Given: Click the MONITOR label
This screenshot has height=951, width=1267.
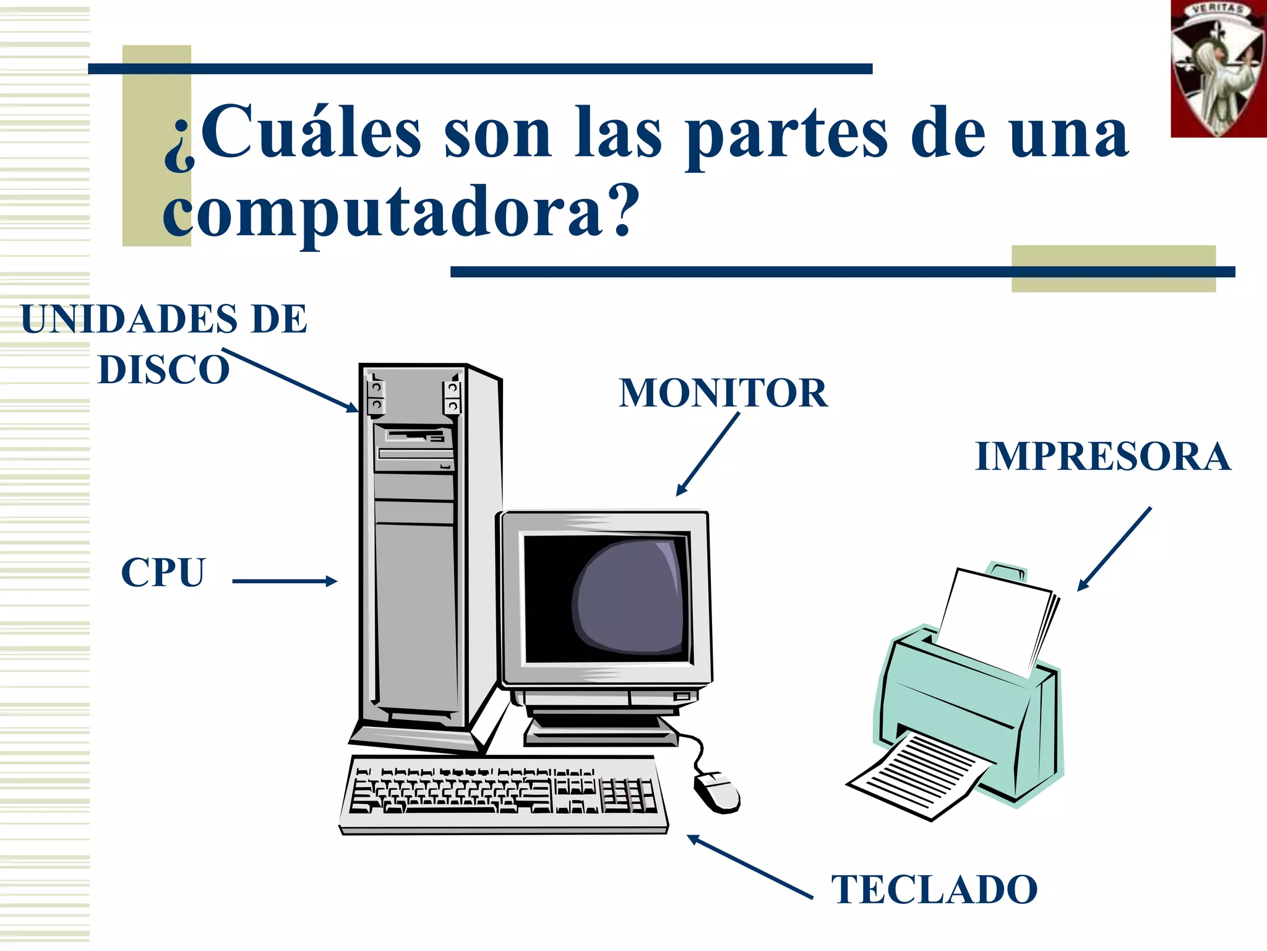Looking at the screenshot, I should point(723,393).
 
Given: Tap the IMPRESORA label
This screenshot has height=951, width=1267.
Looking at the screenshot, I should point(1102,457).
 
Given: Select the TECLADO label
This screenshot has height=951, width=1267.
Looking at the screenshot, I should point(934,890).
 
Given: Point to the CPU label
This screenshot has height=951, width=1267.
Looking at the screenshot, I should point(163,572).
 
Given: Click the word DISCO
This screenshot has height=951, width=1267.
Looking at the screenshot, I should point(164,370).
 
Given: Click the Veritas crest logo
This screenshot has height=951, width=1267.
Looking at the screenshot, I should point(1218,68).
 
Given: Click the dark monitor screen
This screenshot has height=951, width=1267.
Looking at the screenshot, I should point(606,599).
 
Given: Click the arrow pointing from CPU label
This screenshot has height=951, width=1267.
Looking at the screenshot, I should point(285,581).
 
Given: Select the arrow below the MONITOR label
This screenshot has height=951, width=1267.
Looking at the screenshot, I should point(708,454).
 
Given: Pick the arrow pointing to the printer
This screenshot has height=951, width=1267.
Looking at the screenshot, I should point(1114,549).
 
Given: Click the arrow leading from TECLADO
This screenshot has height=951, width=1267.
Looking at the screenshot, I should point(750,867).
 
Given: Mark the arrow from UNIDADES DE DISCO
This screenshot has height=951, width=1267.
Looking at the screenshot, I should point(290,380).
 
